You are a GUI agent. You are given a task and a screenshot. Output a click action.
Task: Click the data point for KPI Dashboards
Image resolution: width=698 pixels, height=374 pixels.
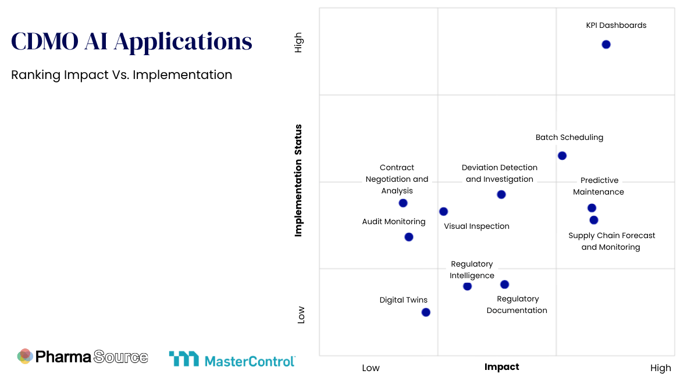pos(606,45)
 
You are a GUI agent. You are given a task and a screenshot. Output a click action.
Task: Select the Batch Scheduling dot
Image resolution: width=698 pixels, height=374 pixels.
pos(562,156)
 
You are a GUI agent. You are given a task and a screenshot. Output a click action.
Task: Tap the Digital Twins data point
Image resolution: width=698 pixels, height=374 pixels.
pos(426,312)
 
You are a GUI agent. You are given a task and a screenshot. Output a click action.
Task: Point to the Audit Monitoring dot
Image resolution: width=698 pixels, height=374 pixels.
pos(409,237)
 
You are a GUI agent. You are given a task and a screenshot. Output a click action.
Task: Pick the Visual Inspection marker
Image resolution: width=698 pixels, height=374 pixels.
pos(443,211)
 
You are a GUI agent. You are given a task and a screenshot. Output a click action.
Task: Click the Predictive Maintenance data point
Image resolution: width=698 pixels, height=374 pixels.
pos(592,208)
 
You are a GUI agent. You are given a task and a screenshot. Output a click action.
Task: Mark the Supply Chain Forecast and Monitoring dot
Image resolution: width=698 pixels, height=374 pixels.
pos(594,220)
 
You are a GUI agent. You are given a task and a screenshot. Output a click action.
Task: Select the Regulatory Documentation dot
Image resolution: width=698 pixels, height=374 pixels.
pos(504,285)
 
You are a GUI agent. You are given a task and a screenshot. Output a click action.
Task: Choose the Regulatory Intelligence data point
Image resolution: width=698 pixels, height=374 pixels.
pos(467,286)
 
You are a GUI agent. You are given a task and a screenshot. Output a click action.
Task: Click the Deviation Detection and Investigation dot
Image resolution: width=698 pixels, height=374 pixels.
pos(501,195)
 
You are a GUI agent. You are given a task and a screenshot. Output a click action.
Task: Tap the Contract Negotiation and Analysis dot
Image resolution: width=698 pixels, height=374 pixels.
pos(403,203)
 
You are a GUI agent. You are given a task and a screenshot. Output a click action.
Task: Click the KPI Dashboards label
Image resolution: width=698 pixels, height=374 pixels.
pos(616,26)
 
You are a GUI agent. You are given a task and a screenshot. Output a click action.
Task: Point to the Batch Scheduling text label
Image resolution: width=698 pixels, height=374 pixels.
pos(569,138)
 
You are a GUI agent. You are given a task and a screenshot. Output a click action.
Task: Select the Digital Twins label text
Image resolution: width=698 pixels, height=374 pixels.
pos(403,300)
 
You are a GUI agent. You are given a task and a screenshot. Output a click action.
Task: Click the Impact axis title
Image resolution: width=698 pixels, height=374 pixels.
pos(501,367)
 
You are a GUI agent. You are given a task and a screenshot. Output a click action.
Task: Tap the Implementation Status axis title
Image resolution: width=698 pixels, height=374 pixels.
pos(298,180)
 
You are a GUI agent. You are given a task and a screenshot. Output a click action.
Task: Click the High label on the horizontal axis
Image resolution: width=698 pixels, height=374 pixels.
pos(660,368)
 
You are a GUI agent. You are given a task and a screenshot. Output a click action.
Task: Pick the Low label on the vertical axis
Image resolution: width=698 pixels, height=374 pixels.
pos(301,315)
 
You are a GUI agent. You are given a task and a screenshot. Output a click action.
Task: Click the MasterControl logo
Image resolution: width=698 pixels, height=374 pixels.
pos(232,359)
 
